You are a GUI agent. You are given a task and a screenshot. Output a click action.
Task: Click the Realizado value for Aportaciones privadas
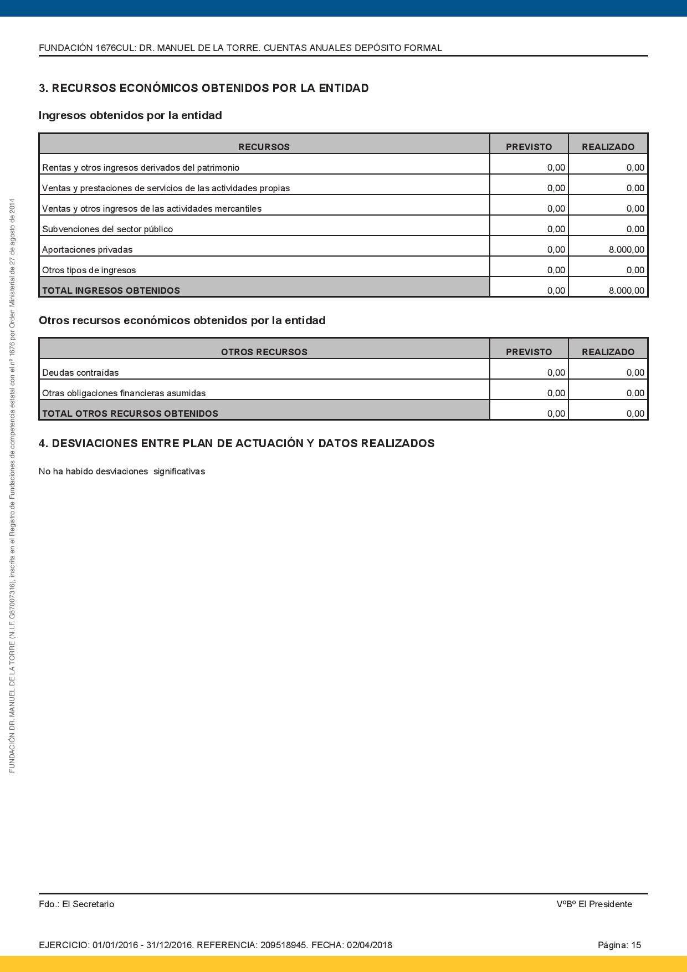[626, 250]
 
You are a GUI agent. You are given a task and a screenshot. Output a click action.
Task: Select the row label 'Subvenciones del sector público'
[107, 229]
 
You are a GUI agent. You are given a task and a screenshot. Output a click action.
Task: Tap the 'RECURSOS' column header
[264, 147]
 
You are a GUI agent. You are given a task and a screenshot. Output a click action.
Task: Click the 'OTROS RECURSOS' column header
[264, 352]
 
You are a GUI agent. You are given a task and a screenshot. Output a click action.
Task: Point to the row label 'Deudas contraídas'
[80, 373]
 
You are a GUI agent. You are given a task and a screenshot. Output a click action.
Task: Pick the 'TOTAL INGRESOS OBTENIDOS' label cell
[111, 290]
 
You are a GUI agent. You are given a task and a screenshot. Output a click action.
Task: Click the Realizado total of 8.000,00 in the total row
[626, 290]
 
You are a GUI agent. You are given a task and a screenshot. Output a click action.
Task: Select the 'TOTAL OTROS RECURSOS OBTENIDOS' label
[130, 413]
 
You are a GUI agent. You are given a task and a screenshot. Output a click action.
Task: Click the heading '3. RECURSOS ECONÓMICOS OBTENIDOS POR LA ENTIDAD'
[203, 88]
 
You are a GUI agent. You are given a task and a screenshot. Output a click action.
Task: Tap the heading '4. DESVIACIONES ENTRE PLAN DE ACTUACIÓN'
[236, 443]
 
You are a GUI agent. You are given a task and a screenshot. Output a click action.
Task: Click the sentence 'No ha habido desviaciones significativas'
[122, 472]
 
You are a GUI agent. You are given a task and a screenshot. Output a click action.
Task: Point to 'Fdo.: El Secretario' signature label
[76, 904]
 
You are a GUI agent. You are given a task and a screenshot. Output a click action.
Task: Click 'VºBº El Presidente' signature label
[594, 904]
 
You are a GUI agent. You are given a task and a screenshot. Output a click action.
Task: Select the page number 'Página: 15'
[619, 945]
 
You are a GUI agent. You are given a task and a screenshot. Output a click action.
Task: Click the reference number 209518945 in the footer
[283, 945]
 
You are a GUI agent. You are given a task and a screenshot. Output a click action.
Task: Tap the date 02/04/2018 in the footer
[369, 945]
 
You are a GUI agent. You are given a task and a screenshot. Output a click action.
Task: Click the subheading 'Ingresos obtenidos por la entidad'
[130, 115]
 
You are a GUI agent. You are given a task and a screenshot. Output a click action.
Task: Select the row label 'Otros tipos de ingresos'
[89, 270]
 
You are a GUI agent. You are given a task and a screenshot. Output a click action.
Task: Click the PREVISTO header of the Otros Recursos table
[529, 352]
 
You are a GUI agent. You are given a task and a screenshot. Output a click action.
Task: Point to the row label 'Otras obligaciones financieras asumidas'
[124, 393]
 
